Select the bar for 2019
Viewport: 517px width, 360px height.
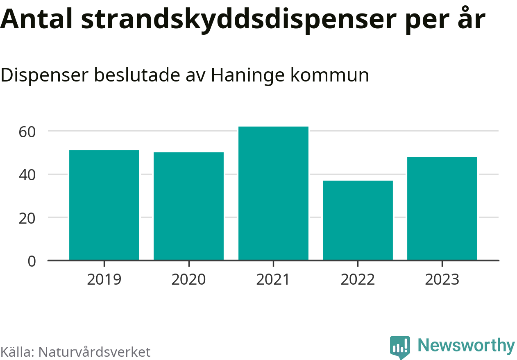104,205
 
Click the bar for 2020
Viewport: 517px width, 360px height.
188,206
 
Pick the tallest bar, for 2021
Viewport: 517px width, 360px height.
273,193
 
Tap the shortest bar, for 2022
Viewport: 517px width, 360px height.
358,220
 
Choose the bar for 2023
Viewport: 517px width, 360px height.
442,208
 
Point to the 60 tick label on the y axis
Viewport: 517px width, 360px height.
27,131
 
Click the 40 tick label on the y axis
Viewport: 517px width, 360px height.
27,175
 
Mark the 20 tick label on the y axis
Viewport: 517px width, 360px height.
27,218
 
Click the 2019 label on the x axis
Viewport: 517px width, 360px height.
104,280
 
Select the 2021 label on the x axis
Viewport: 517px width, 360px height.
273,280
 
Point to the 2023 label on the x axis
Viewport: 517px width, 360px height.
442,280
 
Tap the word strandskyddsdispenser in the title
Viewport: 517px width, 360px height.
239,20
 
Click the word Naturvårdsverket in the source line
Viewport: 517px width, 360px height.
94,352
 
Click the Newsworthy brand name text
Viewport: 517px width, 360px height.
466,346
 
